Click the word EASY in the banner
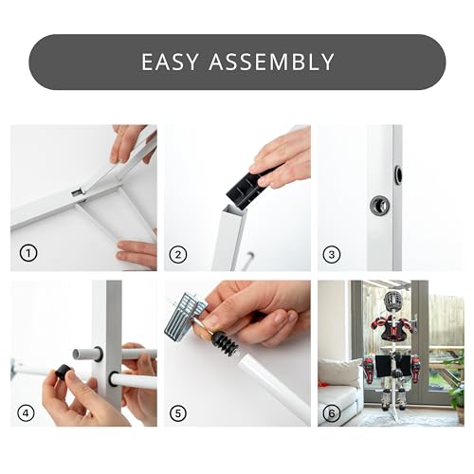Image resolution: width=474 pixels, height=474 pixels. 170,62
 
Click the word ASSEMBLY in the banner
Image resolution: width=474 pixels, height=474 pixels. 271,62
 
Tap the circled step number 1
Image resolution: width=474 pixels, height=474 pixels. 28,253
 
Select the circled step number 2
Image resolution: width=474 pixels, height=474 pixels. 178,255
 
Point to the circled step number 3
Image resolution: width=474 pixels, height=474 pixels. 332,255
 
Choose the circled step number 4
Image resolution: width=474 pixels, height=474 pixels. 26,413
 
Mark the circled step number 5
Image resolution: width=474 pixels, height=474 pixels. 178,413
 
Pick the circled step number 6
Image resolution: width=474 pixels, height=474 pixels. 332,413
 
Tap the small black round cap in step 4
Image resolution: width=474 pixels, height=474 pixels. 64,371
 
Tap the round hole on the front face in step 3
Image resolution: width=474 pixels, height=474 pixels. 380,205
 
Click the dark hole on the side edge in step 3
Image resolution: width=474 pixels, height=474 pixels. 398,174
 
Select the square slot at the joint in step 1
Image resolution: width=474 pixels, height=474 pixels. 77,192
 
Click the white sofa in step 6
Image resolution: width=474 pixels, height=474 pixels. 339,392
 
